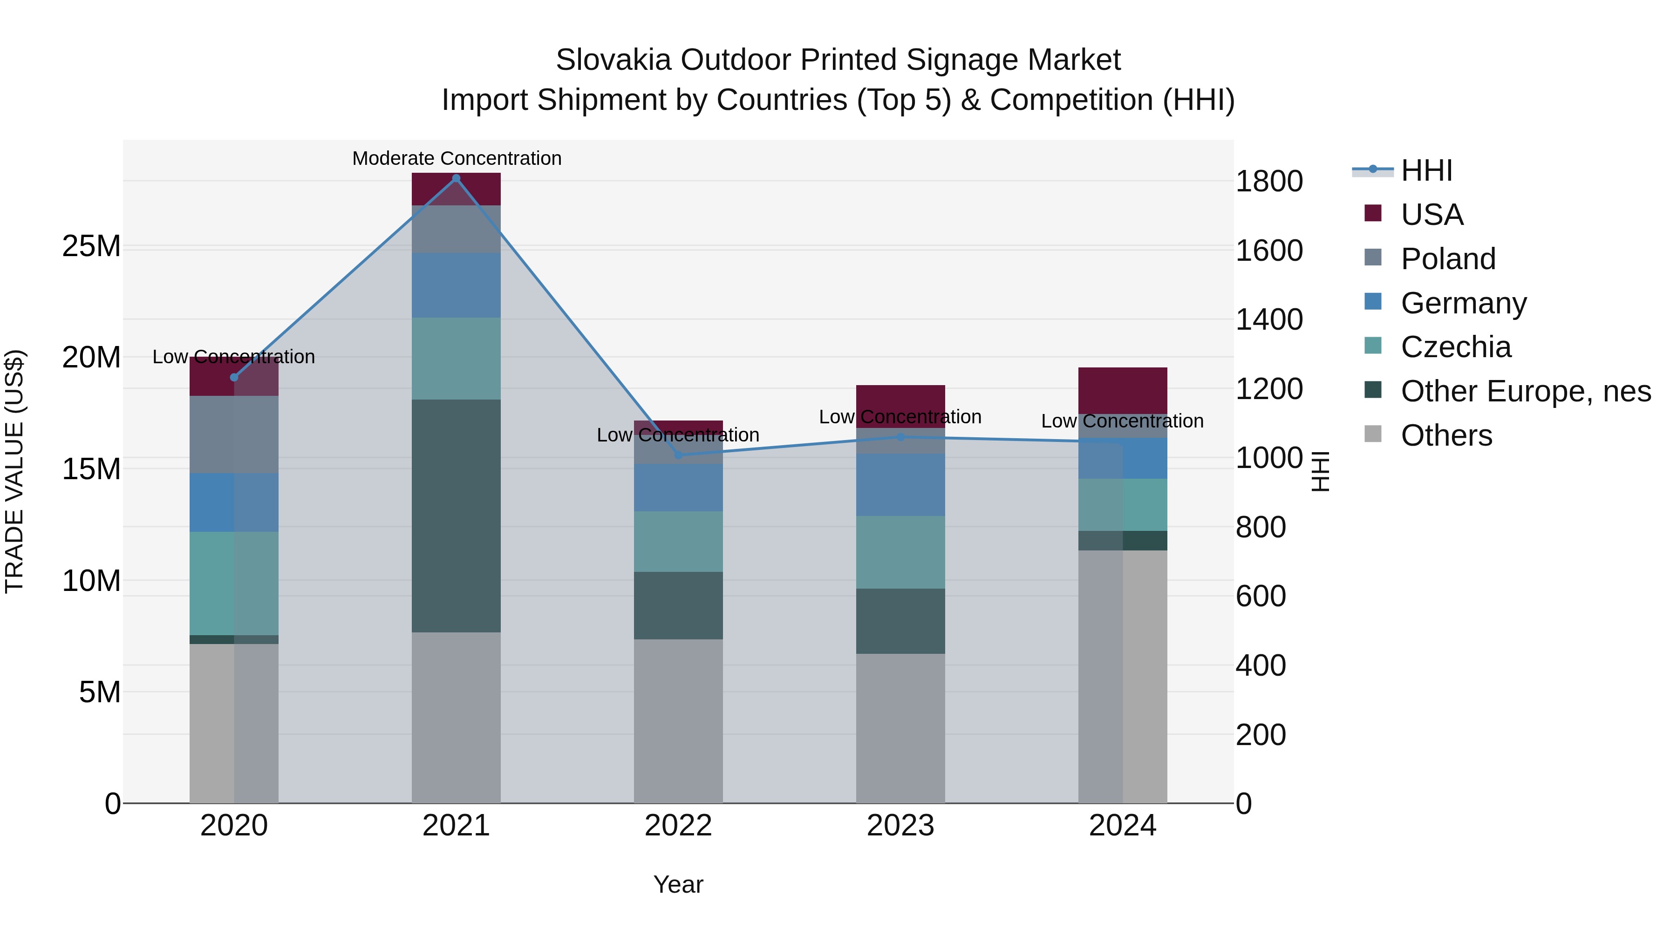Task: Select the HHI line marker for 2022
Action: pyautogui.click(x=678, y=455)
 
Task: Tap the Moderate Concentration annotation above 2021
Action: pyautogui.click(x=457, y=158)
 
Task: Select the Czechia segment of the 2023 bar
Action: pyautogui.click(x=900, y=552)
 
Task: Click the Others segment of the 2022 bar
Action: pyautogui.click(x=678, y=720)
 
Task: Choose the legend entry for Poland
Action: pyautogui.click(x=1448, y=258)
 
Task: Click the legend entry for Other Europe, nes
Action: pyautogui.click(x=1525, y=391)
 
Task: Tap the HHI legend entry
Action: pyautogui.click(x=1426, y=170)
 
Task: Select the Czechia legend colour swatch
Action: pyautogui.click(x=1372, y=346)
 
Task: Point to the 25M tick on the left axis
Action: pyautogui.click(x=91, y=247)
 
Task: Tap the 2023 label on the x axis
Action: pyautogui.click(x=900, y=826)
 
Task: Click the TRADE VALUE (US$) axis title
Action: pyautogui.click(x=14, y=471)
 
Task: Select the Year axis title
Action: pyautogui.click(x=678, y=884)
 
